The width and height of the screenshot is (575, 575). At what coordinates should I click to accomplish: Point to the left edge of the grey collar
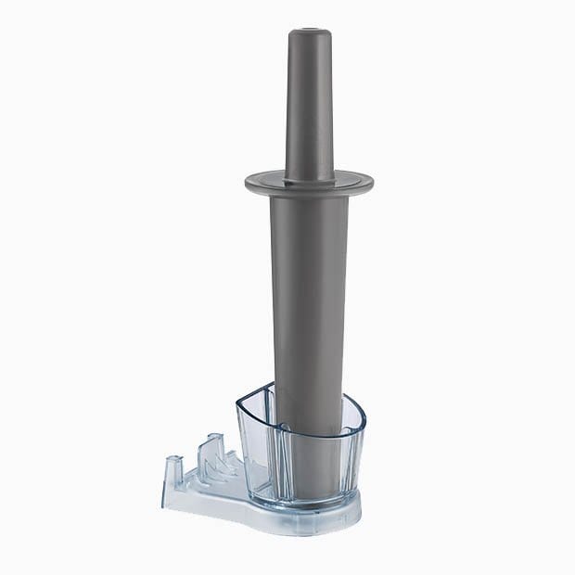coord(246,176)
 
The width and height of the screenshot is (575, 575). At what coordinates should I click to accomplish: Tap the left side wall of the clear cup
coord(255,436)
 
